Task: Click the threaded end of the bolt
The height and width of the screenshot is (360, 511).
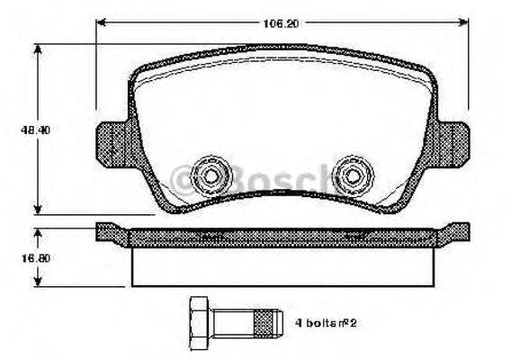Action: tap(265, 319)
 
